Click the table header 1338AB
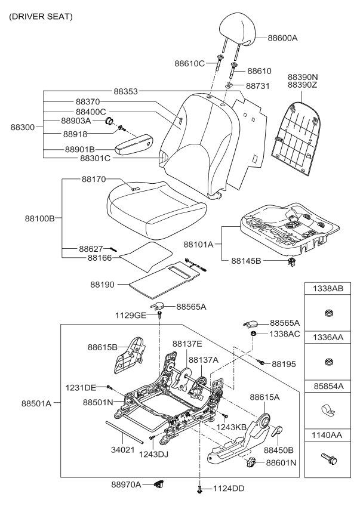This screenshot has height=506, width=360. pyautogui.click(x=328, y=289)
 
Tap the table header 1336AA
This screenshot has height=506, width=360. pyautogui.click(x=328, y=337)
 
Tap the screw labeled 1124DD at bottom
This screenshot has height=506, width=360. pyautogui.click(x=198, y=490)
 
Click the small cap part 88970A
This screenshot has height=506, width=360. pyautogui.click(x=158, y=484)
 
